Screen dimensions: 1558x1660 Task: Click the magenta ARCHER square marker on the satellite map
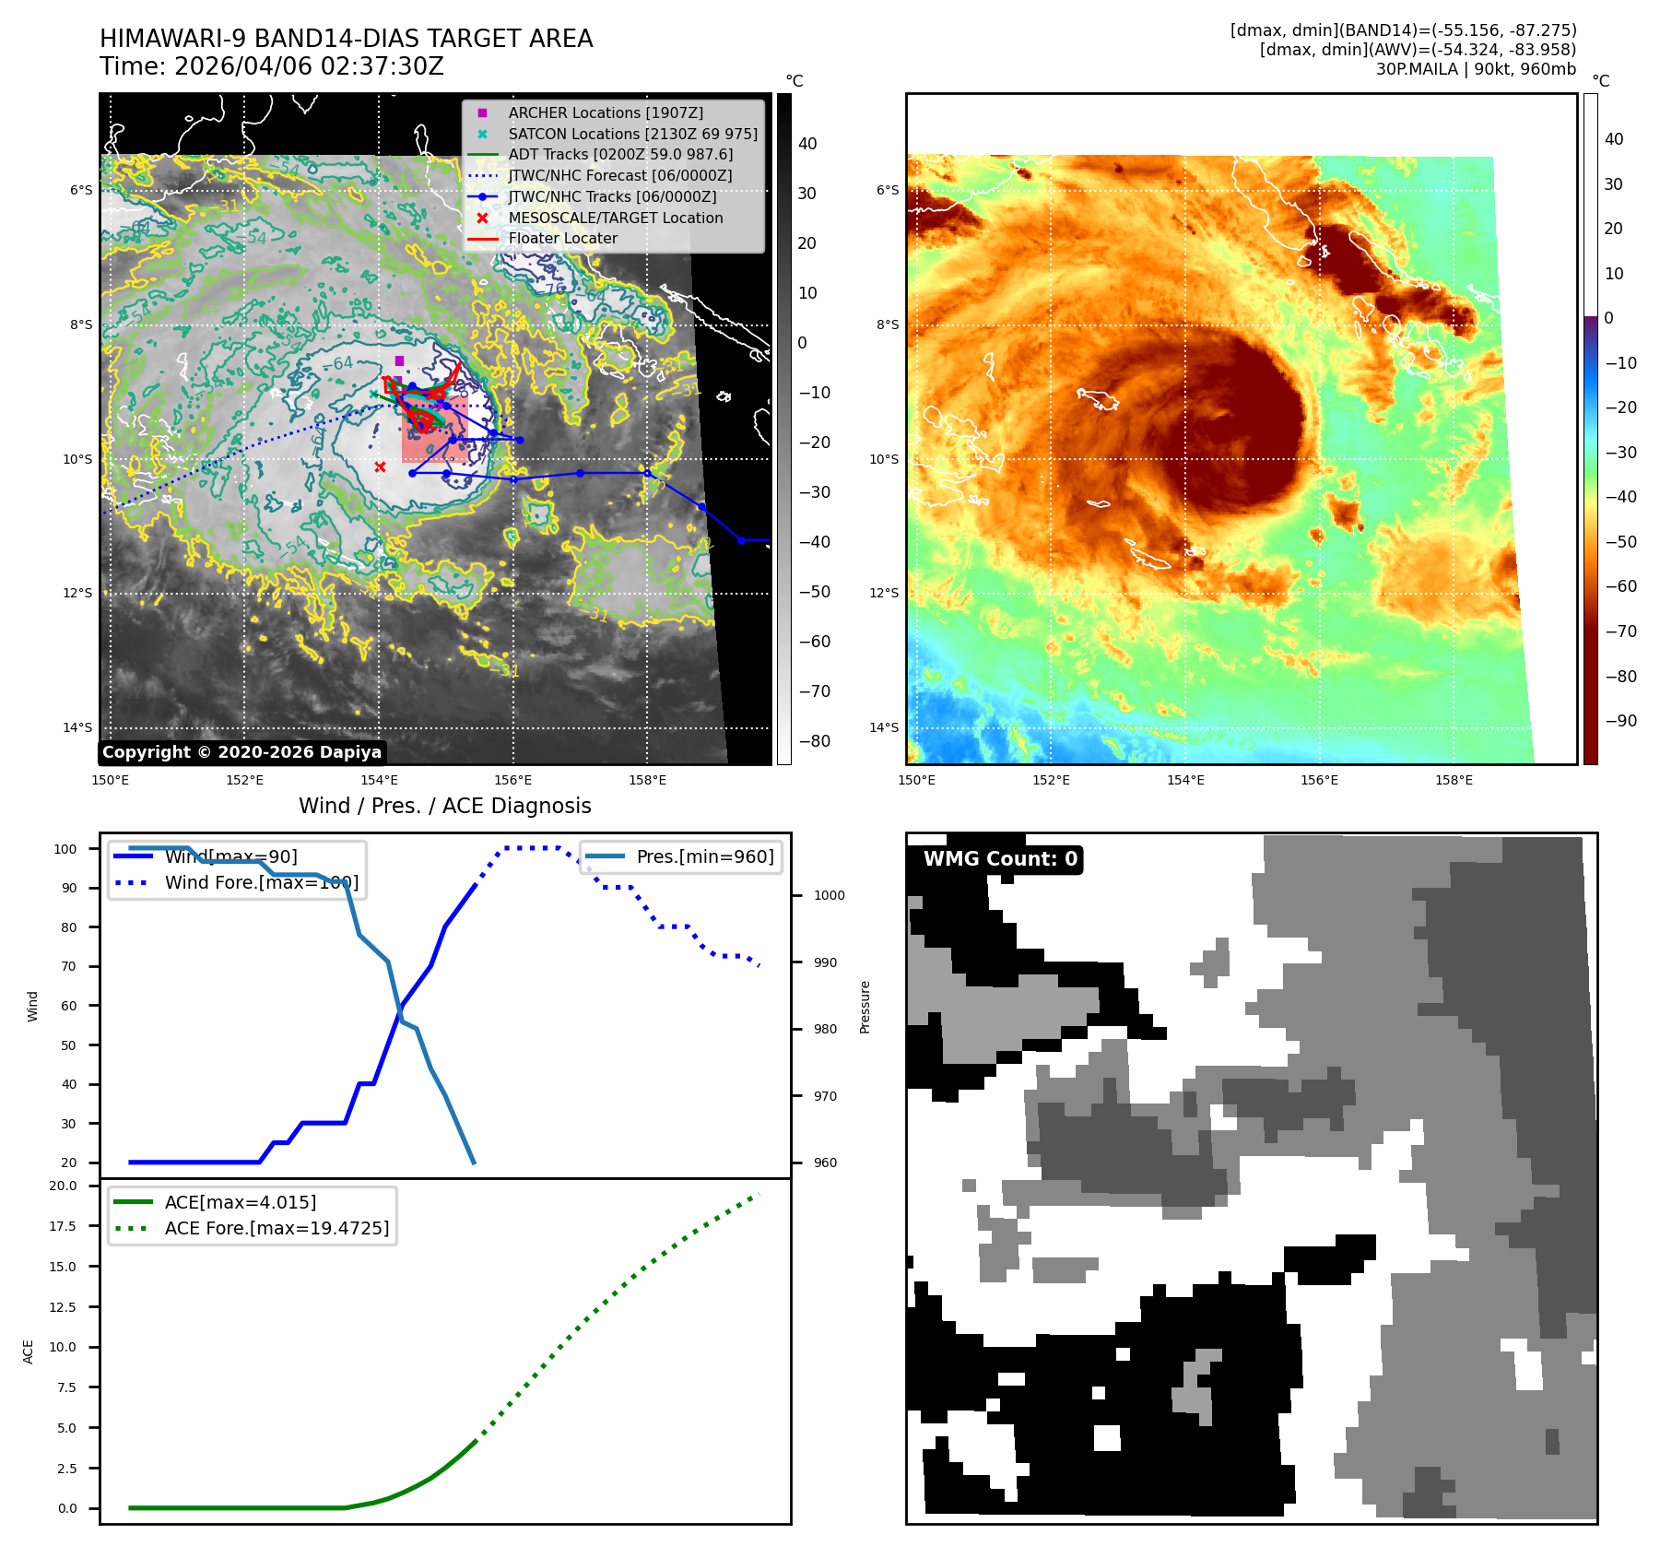point(399,360)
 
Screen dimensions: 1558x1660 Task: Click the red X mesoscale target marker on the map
point(380,466)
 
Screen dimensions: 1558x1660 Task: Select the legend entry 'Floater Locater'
point(563,239)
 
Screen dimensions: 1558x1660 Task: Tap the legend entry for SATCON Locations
point(632,134)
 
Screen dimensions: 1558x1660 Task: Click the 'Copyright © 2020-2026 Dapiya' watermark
point(241,752)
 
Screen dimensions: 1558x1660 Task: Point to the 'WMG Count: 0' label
point(1000,859)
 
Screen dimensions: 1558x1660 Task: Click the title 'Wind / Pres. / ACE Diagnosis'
point(444,806)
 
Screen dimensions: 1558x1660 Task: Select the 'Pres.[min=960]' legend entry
point(705,856)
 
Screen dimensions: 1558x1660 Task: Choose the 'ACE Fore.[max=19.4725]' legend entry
point(277,1228)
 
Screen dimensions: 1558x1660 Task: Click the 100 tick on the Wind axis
point(65,849)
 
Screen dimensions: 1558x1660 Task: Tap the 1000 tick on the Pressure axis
point(829,895)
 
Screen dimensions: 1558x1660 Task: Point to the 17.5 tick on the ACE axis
point(63,1226)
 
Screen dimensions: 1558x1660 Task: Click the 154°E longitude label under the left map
point(379,780)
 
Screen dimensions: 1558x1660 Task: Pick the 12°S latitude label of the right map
point(883,593)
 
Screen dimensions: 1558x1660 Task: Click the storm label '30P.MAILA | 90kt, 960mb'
point(1476,69)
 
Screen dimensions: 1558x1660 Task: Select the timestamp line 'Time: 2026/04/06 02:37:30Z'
point(272,66)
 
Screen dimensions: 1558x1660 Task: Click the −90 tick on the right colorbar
point(1620,721)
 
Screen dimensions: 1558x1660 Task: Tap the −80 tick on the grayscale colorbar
point(813,741)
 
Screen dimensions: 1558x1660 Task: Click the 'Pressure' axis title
point(865,1007)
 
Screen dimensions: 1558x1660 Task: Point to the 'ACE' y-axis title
point(28,1351)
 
